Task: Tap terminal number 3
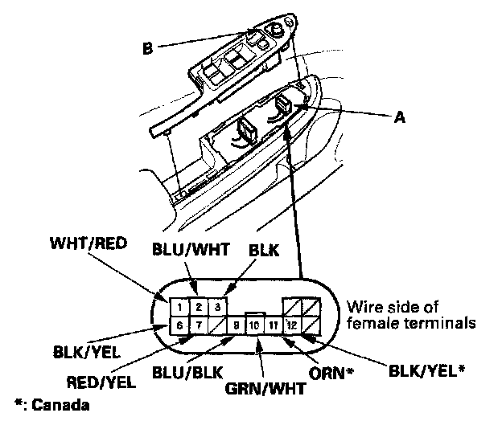(x=216, y=306)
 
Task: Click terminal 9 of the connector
(x=236, y=325)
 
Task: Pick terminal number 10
(x=254, y=325)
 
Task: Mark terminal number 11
(x=274, y=325)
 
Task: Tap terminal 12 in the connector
(x=291, y=325)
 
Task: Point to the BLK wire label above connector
(x=264, y=250)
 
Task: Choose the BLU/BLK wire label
(x=186, y=373)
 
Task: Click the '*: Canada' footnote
(x=52, y=403)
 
